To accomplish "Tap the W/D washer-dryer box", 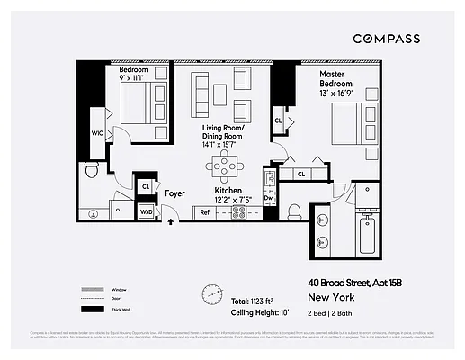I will click(x=146, y=212).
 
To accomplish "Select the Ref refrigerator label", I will click(x=204, y=212).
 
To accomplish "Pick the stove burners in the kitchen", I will click(x=240, y=212).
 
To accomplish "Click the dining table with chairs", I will click(x=224, y=166).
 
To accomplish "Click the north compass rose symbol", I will click(x=212, y=293).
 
